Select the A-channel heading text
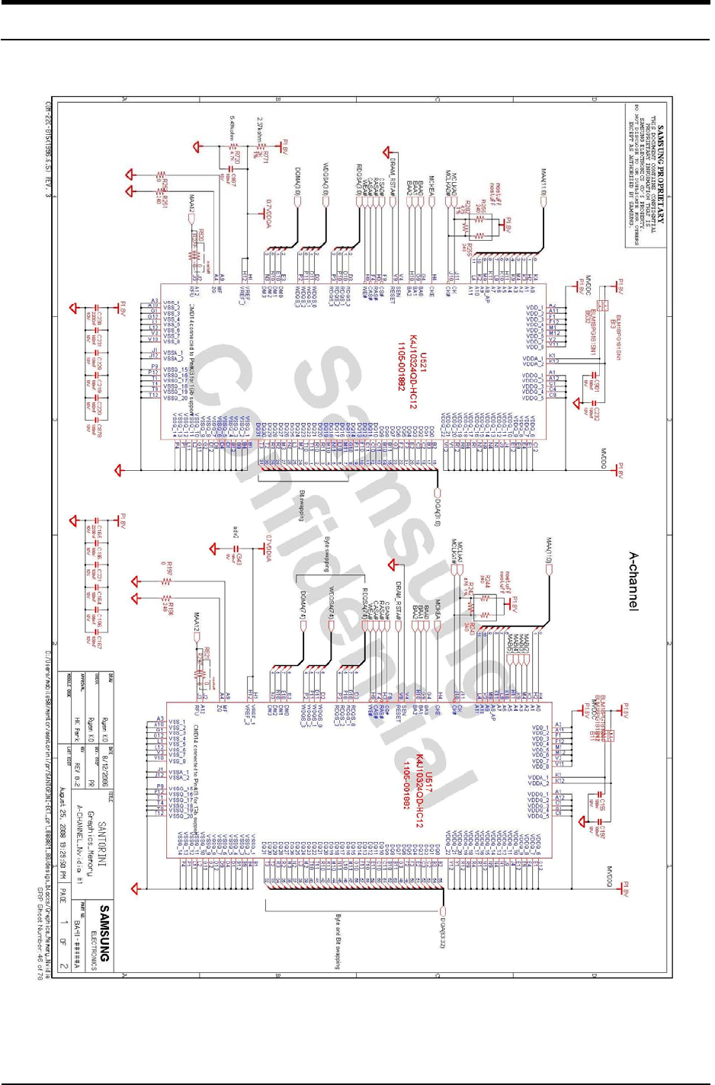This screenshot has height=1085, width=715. point(633,581)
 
